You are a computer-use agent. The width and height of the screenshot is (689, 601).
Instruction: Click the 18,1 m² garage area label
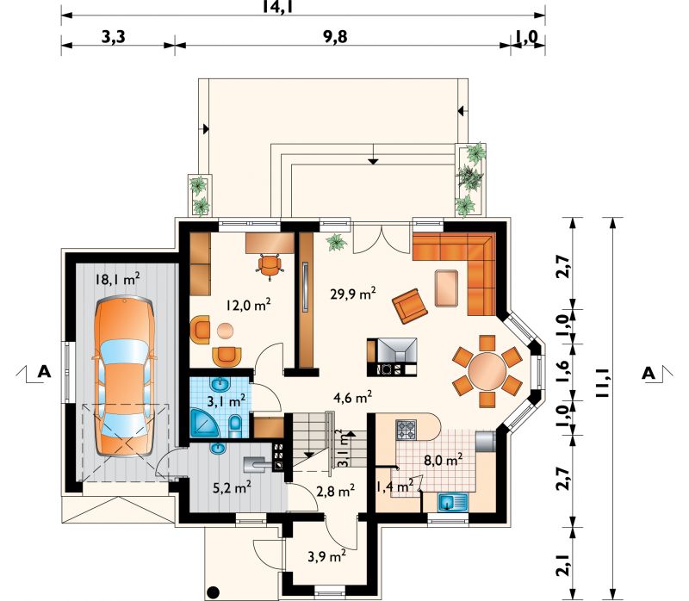point(118,278)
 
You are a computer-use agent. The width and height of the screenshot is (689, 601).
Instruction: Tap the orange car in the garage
point(124,376)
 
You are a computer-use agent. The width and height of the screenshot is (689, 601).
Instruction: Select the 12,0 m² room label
point(248,305)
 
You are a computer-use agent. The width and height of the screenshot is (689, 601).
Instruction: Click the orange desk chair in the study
point(269,266)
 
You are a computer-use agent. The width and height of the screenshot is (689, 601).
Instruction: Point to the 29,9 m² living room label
point(353,293)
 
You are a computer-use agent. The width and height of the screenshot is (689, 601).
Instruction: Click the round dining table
point(487,371)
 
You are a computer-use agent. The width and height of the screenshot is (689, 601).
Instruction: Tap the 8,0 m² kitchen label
point(443,461)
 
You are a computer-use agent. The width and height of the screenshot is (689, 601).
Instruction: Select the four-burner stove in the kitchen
point(406,431)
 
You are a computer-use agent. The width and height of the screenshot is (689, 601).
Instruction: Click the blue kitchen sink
point(453,502)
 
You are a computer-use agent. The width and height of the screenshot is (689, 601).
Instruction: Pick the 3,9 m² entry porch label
point(326,556)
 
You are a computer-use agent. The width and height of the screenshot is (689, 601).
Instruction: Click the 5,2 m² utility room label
point(232,487)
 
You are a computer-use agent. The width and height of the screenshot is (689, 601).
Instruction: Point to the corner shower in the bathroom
point(204,423)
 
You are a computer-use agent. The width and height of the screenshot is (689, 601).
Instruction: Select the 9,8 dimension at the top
point(336,37)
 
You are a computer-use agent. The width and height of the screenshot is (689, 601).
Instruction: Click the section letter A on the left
point(44,372)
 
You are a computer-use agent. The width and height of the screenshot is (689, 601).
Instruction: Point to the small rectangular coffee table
point(446,288)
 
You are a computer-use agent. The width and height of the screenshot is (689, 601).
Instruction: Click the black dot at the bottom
point(213,592)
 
